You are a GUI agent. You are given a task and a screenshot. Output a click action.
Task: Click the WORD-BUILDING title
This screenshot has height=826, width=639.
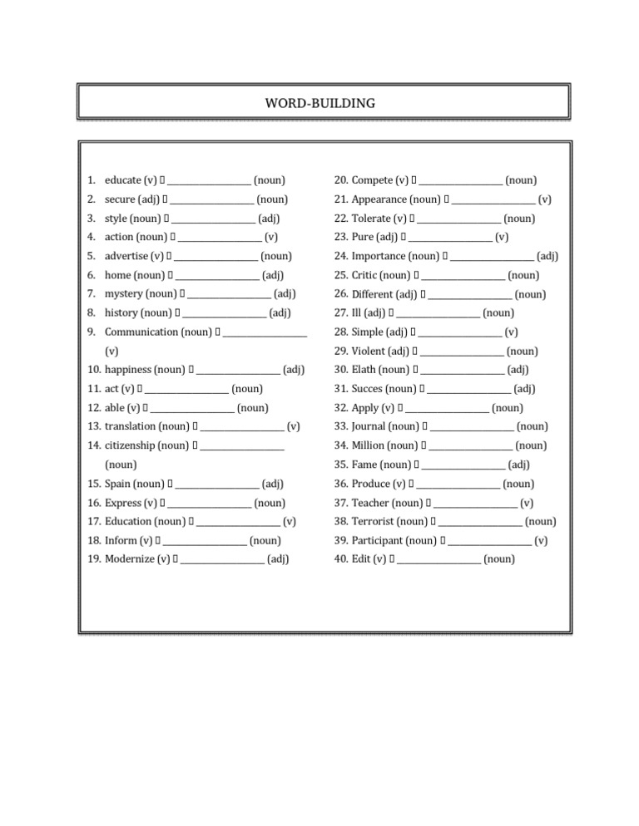point(319,103)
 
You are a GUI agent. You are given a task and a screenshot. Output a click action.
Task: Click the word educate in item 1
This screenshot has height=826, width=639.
point(123,180)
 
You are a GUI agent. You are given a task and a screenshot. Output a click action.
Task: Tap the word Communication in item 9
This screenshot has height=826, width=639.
point(141,332)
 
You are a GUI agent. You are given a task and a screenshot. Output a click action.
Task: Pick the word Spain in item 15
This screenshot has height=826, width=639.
point(118,484)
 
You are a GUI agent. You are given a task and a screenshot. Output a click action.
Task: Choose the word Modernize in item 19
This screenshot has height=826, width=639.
point(129,559)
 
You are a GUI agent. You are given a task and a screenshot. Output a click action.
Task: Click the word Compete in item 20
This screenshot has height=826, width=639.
point(372,180)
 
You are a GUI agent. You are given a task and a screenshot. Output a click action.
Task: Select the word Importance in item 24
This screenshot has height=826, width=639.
point(379,256)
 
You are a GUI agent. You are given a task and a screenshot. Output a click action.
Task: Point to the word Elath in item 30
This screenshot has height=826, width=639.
point(366,370)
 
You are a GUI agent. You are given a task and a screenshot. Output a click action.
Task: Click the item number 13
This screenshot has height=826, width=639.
point(93,426)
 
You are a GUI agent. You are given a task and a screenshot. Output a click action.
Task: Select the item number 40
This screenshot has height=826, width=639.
point(340,559)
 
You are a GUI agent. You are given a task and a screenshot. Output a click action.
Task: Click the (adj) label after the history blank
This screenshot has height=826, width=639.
point(280,313)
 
